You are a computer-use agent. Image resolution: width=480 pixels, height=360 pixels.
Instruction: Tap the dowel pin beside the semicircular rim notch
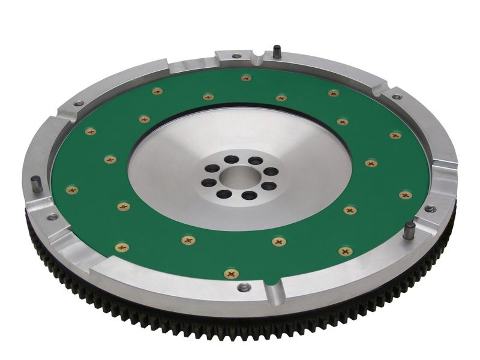(277, 52)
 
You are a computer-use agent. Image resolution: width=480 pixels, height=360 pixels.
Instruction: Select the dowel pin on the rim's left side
(37, 185)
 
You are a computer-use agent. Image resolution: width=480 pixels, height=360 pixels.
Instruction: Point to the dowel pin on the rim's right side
(409, 231)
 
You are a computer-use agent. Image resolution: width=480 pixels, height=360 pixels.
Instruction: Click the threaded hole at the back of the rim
(236, 56)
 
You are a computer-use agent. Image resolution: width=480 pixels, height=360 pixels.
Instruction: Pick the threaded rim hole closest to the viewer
(244, 287)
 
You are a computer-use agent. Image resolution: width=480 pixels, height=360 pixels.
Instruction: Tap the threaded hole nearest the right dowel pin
(430, 209)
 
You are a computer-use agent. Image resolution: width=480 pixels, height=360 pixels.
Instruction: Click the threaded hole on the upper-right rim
(397, 97)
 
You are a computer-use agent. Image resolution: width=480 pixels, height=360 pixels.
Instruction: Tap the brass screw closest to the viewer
(230, 274)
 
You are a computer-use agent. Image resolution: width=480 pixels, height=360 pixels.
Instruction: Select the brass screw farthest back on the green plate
(246, 78)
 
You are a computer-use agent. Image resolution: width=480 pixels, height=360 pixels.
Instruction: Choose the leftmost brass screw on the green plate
(72, 190)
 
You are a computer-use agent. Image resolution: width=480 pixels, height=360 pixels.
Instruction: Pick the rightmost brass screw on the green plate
(406, 195)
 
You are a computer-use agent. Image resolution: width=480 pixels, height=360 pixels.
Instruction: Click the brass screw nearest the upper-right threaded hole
(395, 136)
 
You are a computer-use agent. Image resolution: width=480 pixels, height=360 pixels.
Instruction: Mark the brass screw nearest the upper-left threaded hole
(91, 131)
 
